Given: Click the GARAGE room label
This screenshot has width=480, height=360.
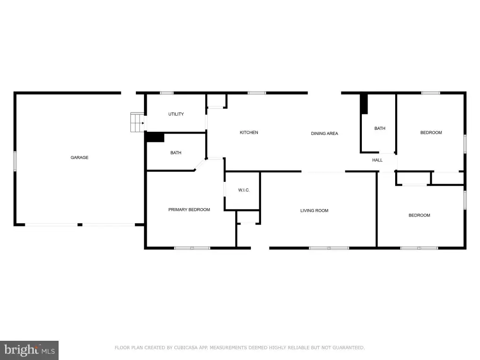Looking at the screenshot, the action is (x=79, y=157).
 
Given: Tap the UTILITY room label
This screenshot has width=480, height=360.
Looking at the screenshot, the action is (x=176, y=114).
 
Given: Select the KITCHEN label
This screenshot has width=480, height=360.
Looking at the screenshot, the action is (x=249, y=133).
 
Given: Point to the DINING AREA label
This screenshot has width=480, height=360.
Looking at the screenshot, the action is (x=324, y=134).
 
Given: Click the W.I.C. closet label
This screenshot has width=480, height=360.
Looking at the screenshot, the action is (x=244, y=190).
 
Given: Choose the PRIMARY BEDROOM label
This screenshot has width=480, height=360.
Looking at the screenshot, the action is (x=189, y=210).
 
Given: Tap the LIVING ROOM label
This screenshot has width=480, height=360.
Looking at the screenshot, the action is (x=315, y=210).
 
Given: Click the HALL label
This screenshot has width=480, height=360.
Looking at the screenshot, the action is (x=377, y=160).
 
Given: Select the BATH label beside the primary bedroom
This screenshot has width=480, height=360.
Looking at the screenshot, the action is (x=176, y=153).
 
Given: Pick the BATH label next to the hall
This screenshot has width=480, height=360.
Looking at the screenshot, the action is (x=380, y=128).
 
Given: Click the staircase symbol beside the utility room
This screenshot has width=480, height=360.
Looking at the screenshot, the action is (x=137, y=122).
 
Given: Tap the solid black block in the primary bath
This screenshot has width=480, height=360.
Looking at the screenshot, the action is (x=155, y=137).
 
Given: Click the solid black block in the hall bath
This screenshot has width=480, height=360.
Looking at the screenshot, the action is (x=364, y=104).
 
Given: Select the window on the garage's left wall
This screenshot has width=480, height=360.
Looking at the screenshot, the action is (x=15, y=161).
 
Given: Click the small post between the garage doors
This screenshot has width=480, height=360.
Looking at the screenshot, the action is (x=80, y=225).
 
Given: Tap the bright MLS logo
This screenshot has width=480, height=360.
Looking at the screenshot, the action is (x=29, y=351).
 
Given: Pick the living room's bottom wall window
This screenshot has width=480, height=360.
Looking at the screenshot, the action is (x=329, y=248).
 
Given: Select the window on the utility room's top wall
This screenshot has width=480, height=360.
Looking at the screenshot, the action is (x=167, y=93).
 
